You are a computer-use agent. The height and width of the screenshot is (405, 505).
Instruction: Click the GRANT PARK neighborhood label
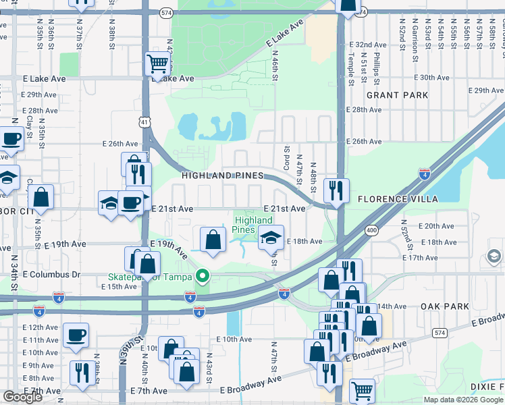pyautogui.click(x=397, y=95)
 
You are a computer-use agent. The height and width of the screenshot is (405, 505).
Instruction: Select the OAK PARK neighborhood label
pyautogui.click(x=444, y=306)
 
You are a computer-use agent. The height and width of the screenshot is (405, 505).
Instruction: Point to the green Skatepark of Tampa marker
pyautogui.click(x=201, y=276)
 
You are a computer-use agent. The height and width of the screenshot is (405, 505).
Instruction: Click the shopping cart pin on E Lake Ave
pyautogui.click(x=157, y=65)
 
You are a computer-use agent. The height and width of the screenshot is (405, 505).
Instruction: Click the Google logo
pyautogui.click(x=22, y=397)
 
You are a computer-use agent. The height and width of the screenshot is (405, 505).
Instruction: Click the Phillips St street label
pyautogui.click(x=377, y=67)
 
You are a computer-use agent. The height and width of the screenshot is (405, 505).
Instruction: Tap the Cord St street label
pyautogui.click(x=287, y=159)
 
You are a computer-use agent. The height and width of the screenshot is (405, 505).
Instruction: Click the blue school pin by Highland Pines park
pyautogui.click(x=271, y=237)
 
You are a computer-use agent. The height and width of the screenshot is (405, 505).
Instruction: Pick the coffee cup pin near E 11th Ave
pyautogui.click(x=76, y=335)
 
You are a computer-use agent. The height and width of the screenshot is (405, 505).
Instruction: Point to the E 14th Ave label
pyautogui.click(x=390, y=306)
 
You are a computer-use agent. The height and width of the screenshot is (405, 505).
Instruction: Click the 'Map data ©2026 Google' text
pyautogui.click(x=463, y=400)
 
